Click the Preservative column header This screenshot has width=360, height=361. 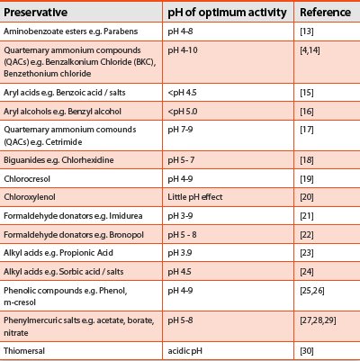pos(35,13)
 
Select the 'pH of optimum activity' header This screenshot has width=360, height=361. pos(227,13)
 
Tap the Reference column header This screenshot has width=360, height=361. pos(325,13)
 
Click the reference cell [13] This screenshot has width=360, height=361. pos(307,32)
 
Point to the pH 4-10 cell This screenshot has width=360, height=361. pos(183,50)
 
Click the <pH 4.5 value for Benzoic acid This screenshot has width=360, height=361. pos(182,93)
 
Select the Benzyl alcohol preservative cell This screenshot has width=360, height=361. pos(62,112)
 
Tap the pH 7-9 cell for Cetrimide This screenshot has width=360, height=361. pos(180,130)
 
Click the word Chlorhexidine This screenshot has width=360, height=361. pos(87,160)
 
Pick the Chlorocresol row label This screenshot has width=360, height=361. pos(27,179)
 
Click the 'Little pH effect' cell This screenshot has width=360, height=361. pos(195,197)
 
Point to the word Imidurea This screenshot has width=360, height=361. pos(126,216)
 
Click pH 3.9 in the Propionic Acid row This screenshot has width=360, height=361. pos(180,253)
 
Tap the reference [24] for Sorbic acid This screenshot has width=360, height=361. pos(307,272)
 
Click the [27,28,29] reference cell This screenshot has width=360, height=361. pos(318,320)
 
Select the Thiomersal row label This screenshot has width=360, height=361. pos(24,350)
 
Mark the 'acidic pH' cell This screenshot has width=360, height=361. pos(184,350)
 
